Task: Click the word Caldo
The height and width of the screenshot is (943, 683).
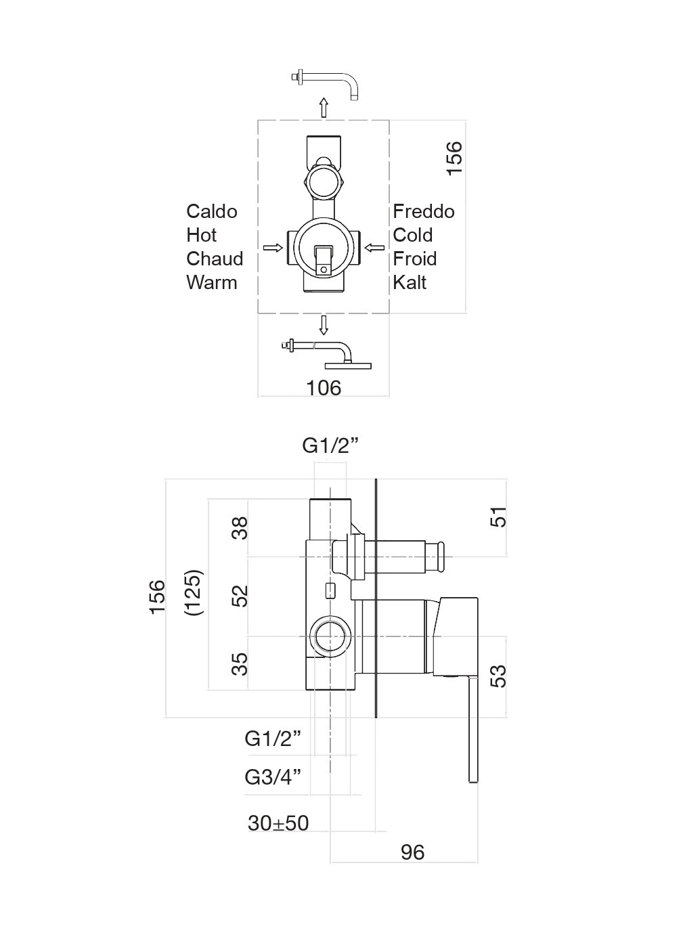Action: click(212, 212)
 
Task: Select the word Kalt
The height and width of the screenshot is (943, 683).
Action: click(410, 282)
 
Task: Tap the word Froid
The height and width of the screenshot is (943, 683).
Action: click(414, 259)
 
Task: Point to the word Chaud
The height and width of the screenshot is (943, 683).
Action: click(215, 259)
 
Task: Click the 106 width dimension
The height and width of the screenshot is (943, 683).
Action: click(324, 388)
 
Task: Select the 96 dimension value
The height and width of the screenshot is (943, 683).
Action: click(412, 852)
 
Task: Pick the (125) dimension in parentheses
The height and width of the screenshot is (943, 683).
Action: click(194, 592)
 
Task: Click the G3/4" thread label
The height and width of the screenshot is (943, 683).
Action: click(273, 776)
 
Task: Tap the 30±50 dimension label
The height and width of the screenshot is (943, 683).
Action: click(278, 823)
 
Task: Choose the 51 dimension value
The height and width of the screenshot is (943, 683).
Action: click(498, 517)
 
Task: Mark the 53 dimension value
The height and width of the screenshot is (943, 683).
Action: click(498, 676)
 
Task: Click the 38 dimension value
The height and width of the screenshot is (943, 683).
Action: click(240, 527)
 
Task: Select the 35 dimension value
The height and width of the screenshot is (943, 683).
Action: click(240, 663)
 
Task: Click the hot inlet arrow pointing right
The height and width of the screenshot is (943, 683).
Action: click(273, 248)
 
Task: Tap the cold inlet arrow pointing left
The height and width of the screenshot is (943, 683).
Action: click(374, 248)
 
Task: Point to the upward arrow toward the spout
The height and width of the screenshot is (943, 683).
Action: click(324, 107)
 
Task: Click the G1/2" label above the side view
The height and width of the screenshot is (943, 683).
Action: click(330, 445)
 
